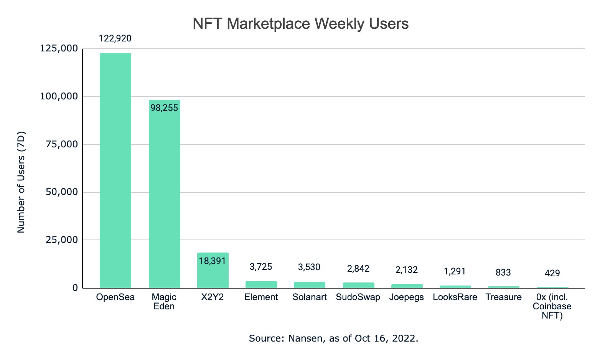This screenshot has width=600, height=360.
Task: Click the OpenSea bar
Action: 115,170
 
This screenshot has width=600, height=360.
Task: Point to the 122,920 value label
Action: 115,38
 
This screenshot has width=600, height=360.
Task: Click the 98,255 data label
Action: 164,108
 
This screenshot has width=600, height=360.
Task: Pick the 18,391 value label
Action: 213,261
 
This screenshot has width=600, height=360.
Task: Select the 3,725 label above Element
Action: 261,267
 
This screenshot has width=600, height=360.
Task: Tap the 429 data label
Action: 552,273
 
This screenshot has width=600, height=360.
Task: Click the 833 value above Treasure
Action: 503,272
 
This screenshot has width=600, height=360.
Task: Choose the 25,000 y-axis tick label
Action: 61,240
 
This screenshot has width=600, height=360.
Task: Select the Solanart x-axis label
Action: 309,297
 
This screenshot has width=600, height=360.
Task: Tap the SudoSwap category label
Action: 358,297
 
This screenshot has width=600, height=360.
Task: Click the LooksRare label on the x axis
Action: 455,297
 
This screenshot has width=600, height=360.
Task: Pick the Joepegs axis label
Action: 407,297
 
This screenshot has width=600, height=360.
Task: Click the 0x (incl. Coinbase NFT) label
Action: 552,306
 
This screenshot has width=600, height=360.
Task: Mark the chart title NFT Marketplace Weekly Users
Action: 300,24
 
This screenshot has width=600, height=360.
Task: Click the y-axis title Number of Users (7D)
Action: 21,182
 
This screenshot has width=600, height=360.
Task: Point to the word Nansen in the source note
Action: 305,339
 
